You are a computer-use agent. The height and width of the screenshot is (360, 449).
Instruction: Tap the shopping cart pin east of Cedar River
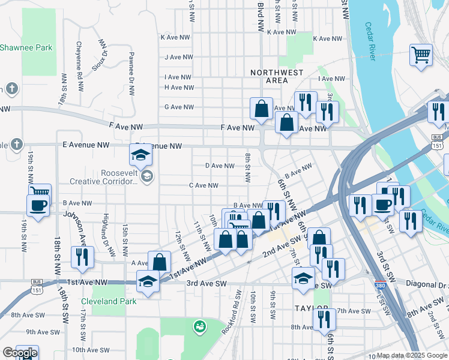pos(421,55)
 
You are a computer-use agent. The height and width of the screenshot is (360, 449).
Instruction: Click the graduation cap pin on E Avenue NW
pos(140,155)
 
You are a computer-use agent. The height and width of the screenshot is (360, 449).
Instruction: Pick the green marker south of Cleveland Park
pos(199,327)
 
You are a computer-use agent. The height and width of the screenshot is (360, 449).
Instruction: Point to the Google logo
pos(19,353)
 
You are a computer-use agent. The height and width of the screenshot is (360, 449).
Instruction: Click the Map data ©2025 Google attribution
pos(412,355)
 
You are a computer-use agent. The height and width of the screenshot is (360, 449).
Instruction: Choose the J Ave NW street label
pos(179,58)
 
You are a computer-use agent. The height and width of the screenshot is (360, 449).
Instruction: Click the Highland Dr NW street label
pos(106,231)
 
